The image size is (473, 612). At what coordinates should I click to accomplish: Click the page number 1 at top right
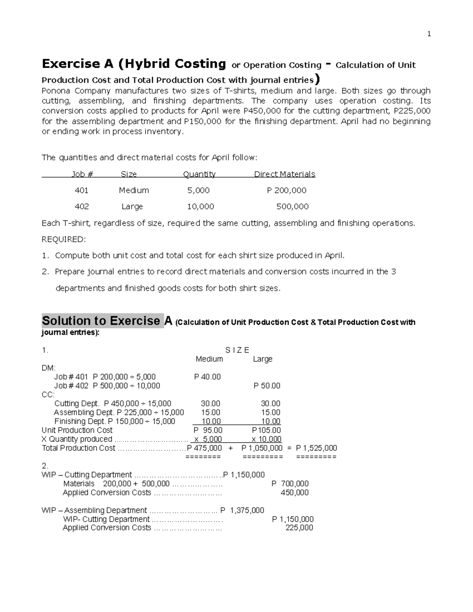(x=429, y=34)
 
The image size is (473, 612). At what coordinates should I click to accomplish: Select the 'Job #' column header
(x=82, y=174)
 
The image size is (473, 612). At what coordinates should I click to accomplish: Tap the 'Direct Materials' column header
(x=284, y=174)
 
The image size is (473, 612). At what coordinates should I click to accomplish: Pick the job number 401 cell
(x=82, y=190)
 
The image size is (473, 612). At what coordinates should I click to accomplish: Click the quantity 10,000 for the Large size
(x=201, y=206)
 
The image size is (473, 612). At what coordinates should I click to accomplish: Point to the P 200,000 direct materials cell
(x=287, y=190)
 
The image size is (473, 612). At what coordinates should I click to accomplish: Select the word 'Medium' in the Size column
(x=134, y=190)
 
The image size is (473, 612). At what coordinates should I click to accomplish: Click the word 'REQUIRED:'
(x=63, y=240)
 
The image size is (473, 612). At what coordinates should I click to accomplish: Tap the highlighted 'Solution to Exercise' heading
(x=101, y=321)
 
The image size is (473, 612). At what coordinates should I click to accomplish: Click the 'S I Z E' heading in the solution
(x=237, y=350)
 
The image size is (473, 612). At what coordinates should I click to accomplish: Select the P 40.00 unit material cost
(x=207, y=377)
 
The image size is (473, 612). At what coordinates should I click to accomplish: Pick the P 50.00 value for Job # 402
(x=267, y=386)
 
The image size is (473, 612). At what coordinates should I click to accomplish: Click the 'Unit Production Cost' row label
(x=77, y=430)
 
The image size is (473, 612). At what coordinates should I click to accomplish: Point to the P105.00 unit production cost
(x=266, y=430)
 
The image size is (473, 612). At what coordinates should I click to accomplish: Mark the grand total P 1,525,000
(x=316, y=448)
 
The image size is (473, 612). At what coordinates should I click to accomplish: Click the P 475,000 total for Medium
(x=205, y=448)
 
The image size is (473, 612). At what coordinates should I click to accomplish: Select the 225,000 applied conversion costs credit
(x=299, y=528)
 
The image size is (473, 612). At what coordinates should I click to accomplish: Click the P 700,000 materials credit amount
(x=290, y=484)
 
